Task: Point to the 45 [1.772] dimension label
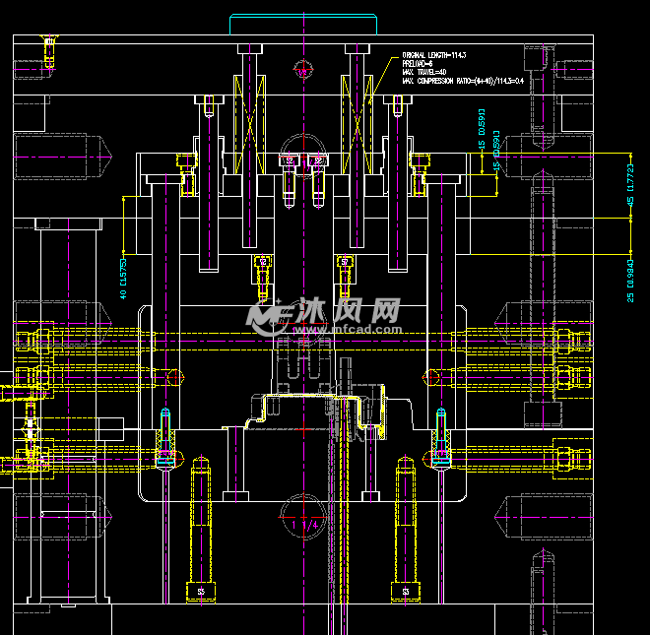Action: pyautogui.click(x=630, y=185)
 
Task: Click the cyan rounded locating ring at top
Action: pyautogui.click(x=303, y=24)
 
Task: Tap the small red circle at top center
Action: pyautogui.click(x=303, y=70)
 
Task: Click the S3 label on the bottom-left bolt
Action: pyautogui.click(x=201, y=592)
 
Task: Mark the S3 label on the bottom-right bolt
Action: pyautogui.click(x=405, y=592)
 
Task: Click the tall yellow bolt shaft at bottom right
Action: pyautogui.click(x=405, y=522)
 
